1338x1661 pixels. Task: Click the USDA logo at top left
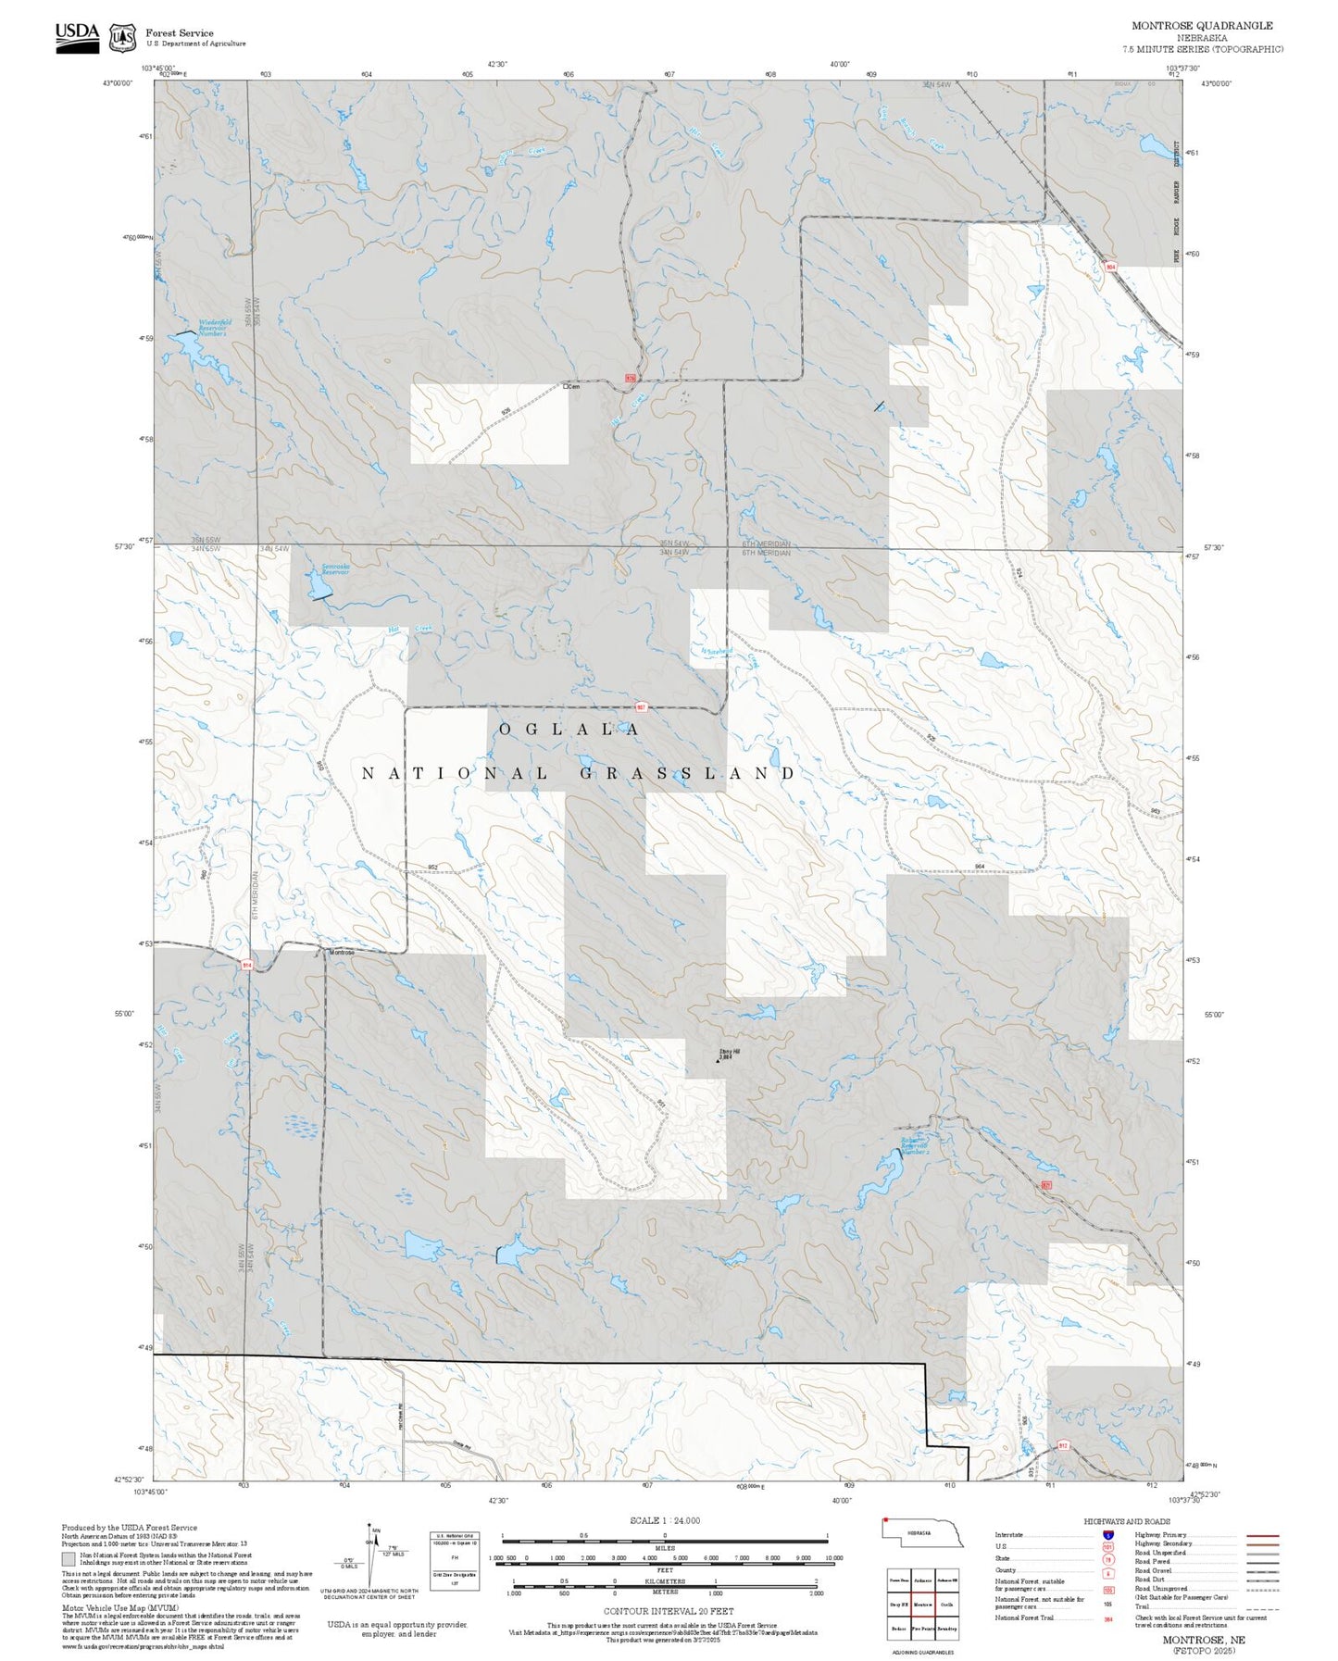click(77, 37)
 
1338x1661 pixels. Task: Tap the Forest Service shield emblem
click(122, 38)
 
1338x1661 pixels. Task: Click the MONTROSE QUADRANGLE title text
click(1201, 26)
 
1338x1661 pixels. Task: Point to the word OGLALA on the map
click(569, 730)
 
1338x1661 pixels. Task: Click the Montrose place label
click(342, 953)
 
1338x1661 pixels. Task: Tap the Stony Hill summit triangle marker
click(717, 1060)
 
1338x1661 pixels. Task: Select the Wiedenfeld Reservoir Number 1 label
click(213, 327)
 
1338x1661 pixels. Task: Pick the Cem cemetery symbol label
click(571, 386)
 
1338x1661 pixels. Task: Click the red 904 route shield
click(1110, 268)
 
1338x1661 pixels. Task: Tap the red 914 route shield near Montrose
click(247, 965)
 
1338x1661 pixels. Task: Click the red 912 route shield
click(1063, 1445)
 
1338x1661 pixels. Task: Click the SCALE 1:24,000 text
click(664, 1520)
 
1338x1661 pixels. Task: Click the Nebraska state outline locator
click(922, 1533)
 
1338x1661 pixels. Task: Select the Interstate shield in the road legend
click(1108, 1535)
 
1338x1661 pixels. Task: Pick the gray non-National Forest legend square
click(69, 1559)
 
